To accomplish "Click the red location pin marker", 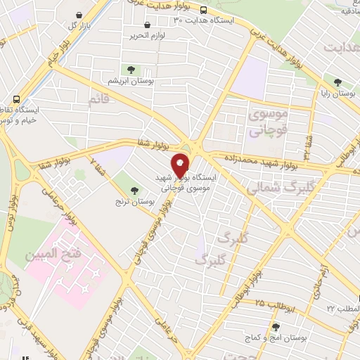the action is point(181,164).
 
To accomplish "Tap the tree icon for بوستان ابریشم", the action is point(129,69).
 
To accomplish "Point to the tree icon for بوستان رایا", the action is point(338,82).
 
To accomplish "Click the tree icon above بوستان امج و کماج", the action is point(275,327).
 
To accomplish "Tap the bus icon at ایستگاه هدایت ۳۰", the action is point(203,10).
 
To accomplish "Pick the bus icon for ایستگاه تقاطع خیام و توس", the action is point(15,99).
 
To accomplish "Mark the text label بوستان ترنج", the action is point(129,202).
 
